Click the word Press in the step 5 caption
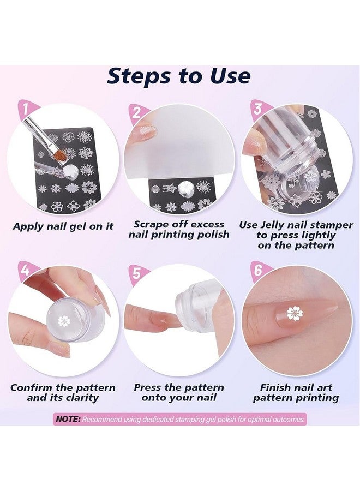tap(148, 387)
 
